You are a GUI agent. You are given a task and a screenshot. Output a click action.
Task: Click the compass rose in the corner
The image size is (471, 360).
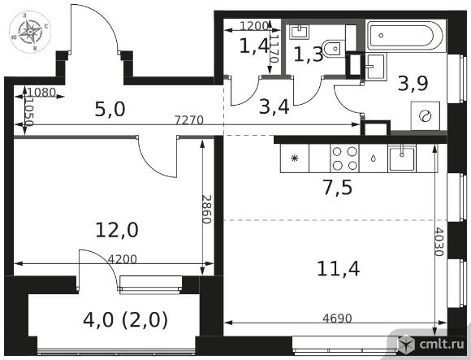click(30, 32)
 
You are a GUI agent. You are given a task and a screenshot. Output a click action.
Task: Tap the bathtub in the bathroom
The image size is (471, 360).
click(406, 36)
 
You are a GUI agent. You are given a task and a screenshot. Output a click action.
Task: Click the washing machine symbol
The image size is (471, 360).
click(426, 116)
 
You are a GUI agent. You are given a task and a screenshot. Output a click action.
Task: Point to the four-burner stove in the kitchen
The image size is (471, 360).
click(344, 158)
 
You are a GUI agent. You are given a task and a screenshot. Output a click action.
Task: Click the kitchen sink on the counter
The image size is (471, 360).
click(402, 158)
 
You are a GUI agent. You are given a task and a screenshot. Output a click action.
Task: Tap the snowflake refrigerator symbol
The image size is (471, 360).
click(294, 158)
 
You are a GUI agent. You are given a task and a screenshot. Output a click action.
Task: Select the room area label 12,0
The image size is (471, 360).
click(117, 230)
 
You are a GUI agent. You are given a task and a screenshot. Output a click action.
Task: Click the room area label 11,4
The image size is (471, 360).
click(339, 268)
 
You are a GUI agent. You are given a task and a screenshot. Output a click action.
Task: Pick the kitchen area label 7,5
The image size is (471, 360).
click(338, 188)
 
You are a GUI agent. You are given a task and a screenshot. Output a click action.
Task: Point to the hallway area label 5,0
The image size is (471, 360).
click(110, 109)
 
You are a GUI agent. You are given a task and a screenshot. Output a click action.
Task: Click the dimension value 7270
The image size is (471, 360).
click(189, 120)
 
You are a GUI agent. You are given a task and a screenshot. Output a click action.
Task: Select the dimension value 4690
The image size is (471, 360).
click(337, 318)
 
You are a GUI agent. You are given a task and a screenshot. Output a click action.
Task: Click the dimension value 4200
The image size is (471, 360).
click(123, 259)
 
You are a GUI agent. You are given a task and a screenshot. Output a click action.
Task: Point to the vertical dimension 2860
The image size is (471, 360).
click(207, 210)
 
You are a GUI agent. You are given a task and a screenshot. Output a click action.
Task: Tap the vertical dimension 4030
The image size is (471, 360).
click(439, 241)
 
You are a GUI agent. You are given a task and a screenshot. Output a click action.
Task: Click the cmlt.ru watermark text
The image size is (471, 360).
click(442, 345)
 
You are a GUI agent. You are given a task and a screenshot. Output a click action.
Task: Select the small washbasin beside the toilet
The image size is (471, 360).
click(299, 31)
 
